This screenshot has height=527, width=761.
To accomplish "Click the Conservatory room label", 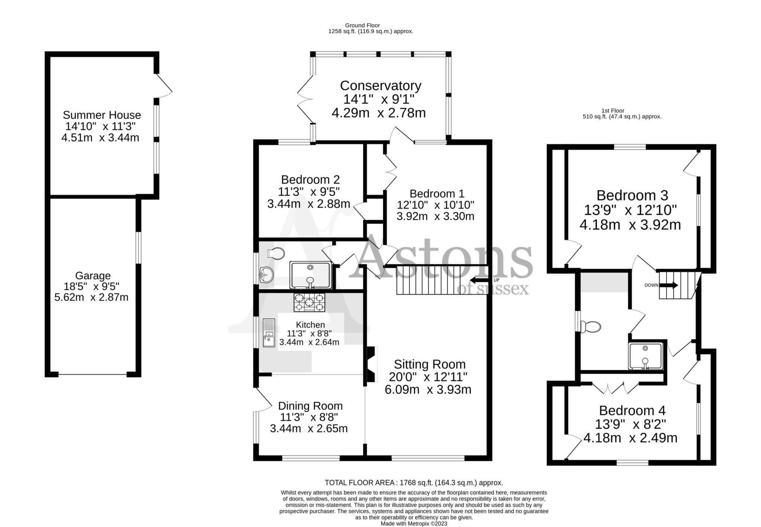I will tap(380, 86).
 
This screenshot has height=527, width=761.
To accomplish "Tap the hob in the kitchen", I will tap(309, 302).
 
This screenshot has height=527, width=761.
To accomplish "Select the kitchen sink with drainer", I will tap(269, 332).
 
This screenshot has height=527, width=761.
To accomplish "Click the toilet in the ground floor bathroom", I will tap(276, 253).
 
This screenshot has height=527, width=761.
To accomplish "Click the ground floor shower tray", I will tap(310, 275).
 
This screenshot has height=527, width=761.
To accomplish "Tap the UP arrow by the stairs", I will tap(480, 280).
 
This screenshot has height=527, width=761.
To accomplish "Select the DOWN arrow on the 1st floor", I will tap(669, 285).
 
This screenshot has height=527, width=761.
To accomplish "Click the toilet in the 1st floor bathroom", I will tap(591, 327).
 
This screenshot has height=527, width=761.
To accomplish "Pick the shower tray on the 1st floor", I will tap(645, 356).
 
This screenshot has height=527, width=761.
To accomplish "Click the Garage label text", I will tap(93, 276).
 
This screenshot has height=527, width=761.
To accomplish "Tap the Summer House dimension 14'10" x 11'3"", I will tap(100, 126).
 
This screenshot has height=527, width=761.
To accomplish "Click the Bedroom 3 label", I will tap(632, 195).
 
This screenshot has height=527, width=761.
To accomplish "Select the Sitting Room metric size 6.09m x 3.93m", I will tap(428, 390).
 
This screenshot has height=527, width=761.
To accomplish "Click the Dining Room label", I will tap(310, 406).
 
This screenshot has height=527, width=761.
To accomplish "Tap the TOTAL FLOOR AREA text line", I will tap(414, 483).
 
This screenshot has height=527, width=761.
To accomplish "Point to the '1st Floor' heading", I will tap(613, 110).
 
